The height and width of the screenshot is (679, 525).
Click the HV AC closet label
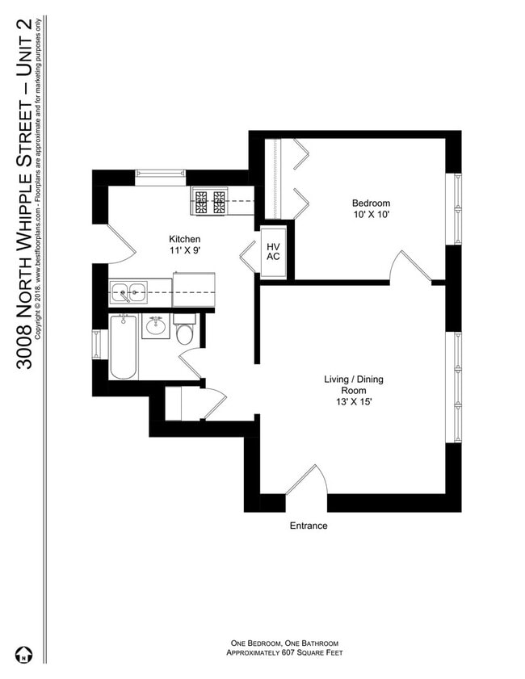click(x=273, y=251)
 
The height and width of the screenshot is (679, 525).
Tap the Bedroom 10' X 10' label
click(x=371, y=208)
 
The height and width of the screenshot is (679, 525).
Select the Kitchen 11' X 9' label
click(x=184, y=245)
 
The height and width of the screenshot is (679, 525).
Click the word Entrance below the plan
click(x=309, y=526)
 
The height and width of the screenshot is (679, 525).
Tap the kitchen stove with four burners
click(x=208, y=202)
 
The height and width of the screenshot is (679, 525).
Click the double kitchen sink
click(x=128, y=291)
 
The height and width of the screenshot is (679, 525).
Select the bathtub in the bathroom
click(x=124, y=346)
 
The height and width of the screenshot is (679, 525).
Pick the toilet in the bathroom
click(x=184, y=332)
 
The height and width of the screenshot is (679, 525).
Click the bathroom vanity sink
click(x=155, y=326)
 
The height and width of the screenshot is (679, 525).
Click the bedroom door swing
click(x=408, y=266)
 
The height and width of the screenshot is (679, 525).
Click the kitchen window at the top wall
click(x=160, y=173)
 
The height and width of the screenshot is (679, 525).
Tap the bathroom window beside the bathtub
click(x=97, y=345)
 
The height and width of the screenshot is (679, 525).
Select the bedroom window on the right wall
click(x=456, y=208)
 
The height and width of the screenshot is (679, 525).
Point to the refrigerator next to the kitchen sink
click(x=195, y=290)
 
